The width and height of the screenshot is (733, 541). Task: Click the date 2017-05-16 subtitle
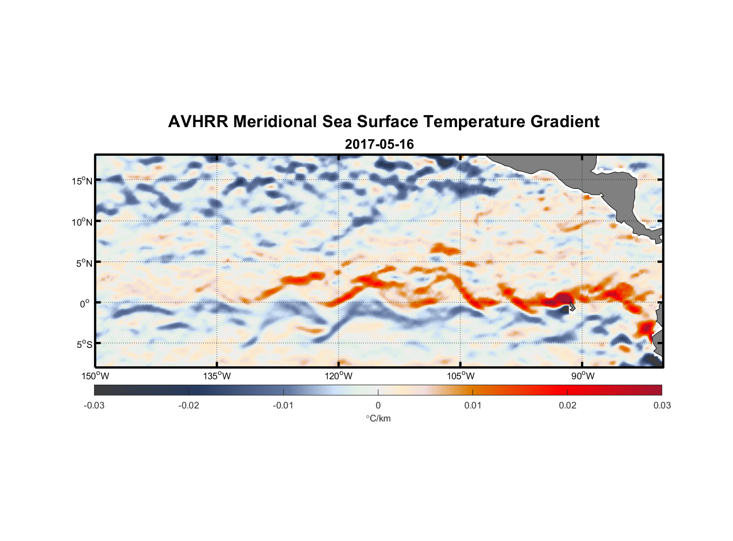pyautogui.click(x=379, y=144)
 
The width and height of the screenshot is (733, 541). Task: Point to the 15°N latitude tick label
pyautogui.click(x=82, y=181)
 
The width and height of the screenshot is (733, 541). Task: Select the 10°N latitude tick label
pyautogui.click(x=82, y=222)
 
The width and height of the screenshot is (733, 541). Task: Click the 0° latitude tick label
pyautogui.click(x=85, y=304)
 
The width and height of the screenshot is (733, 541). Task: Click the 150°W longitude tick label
pyautogui.click(x=96, y=376)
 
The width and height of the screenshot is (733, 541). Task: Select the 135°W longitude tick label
pyautogui.click(x=217, y=376)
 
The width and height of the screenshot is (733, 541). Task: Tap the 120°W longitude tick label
pyautogui.click(x=339, y=376)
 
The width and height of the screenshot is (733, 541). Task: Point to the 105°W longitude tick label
pyautogui.click(x=461, y=376)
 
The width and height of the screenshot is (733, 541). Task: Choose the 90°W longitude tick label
pyautogui.click(x=583, y=376)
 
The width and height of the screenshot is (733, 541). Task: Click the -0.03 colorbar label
pyautogui.click(x=94, y=405)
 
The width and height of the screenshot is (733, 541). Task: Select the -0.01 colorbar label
pyautogui.click(x=283, y=405)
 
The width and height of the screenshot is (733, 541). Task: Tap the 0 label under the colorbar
pyautogui.click(x=378, y=405)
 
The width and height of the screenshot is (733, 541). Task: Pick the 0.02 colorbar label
pyautogui.click(x=568, y=405)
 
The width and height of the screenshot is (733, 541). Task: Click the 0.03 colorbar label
pyautogui.click(x=662, y=405)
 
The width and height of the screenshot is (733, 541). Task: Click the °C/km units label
pyautogui.click(x=378, y=418)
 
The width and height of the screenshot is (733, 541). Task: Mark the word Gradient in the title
pyautogui.click(x=565, y=122)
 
